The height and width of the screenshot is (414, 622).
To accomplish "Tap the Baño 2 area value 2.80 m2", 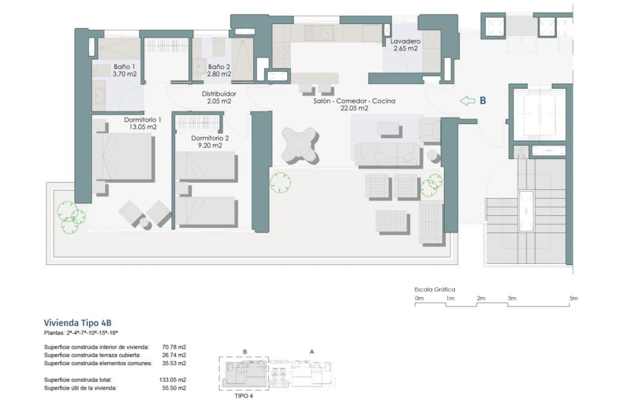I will (x=219, y=74).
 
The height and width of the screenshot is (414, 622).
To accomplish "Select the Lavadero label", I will (x=405, y=41).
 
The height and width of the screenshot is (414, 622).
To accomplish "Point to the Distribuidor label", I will (x=219, y=94).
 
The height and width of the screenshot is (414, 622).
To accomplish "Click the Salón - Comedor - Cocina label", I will (x=354, y=101).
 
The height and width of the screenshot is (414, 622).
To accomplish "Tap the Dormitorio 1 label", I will (x=140, y=119).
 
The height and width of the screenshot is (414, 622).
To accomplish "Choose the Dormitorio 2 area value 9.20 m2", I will (x=209, y=145).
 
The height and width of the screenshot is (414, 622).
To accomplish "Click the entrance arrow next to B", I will (x=468, y=101).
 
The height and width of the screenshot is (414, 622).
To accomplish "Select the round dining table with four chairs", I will (x=299, y=144).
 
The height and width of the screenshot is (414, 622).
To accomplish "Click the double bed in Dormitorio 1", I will (x=122, y=157).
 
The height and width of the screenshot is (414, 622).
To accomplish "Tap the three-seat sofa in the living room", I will (x=387, y=154).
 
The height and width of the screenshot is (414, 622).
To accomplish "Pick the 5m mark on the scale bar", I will (x=573, y=299).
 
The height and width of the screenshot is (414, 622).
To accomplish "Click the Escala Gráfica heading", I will (x=434, y=290).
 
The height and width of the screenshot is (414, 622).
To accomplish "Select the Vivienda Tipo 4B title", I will (x=77, y=323).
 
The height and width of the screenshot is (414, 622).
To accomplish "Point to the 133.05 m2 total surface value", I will (x=173, y=380).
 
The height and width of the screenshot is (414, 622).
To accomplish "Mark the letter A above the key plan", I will (x=312, y=351).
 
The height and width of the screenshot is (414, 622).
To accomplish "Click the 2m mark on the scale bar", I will (x=481, y=299).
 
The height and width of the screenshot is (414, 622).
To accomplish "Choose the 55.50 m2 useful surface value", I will (x=174, y=388).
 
